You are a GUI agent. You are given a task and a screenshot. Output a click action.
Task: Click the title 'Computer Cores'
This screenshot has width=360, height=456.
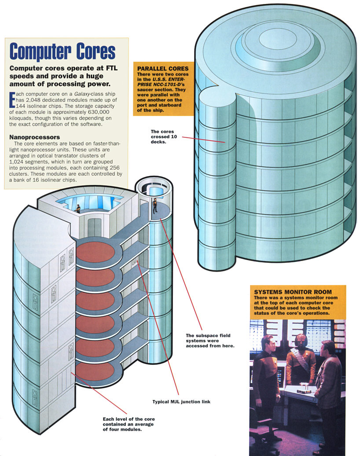tap(62, 51)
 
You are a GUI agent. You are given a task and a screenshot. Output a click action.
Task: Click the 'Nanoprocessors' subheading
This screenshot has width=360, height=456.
tap(34, 137)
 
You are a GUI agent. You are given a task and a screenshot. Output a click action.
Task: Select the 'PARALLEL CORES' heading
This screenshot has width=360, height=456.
tap(163, 69)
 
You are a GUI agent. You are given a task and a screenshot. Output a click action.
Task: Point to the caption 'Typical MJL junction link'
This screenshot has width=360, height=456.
tap(181, 401)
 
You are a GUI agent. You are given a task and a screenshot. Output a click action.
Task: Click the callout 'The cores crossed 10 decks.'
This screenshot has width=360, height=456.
tap(162, 137)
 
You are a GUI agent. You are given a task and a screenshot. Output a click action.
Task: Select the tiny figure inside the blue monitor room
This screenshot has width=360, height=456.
tap(78, 208)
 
